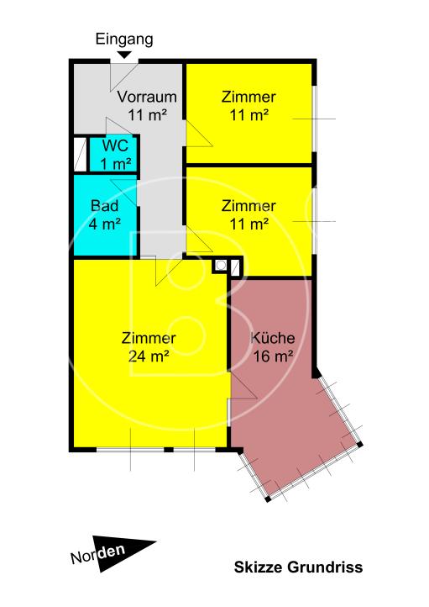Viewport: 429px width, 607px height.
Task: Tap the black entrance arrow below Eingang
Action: point(123,55)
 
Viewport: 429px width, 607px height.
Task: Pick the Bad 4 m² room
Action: point(104,214)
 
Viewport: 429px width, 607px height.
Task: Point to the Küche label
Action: point(273,339)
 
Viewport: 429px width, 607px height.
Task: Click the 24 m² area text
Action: point(149,355)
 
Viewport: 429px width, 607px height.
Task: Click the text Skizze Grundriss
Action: point(298,567)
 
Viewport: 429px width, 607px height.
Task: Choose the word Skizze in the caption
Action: point(256,567)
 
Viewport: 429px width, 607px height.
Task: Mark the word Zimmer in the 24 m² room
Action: point(149,339)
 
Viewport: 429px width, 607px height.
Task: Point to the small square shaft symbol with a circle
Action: point(220,266)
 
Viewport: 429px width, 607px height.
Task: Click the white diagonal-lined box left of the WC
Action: point(80,155)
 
